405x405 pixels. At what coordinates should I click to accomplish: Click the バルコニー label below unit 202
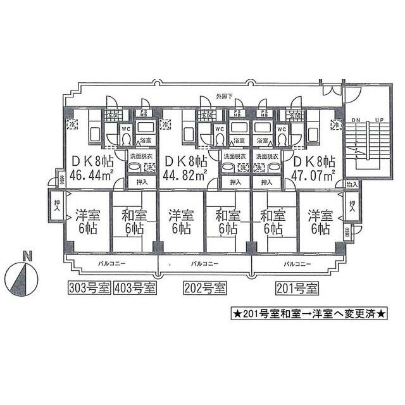click(x=205, y=262)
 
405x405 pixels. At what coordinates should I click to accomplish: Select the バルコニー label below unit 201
click(x=297, y=262)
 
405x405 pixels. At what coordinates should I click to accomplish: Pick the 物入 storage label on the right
click(x=352, y=184)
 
